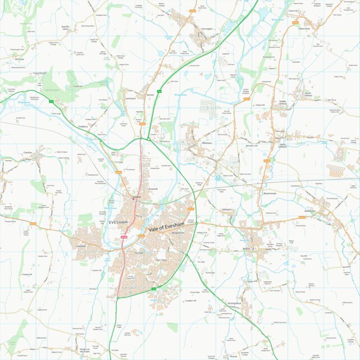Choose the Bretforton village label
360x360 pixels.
310,211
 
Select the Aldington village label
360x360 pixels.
227,209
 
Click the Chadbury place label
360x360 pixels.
83,126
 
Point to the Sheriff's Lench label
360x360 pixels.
67,26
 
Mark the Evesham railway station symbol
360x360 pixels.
134,197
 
